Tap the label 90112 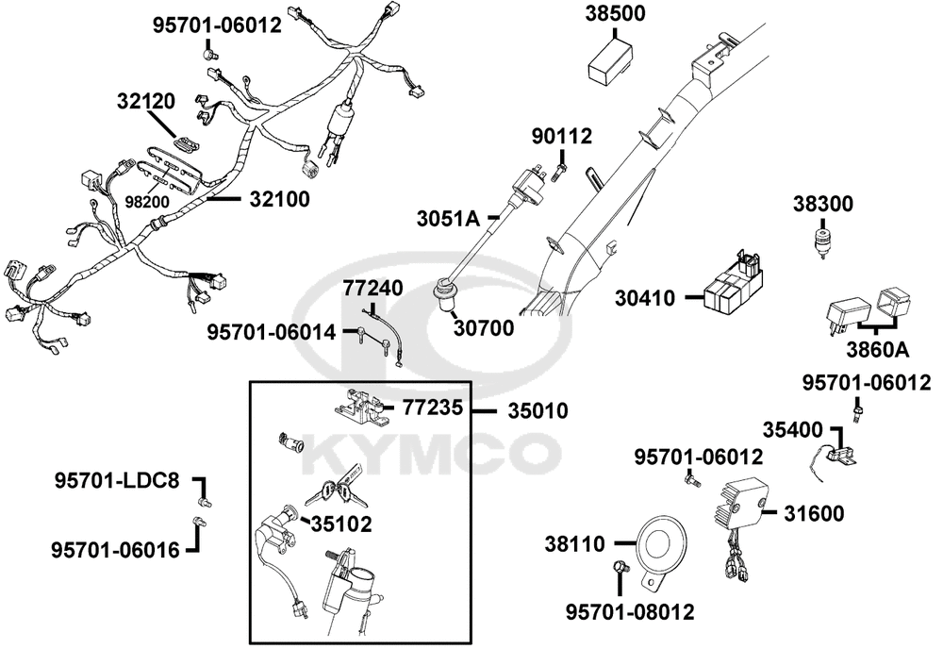(561, 137)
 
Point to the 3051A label (449, 219)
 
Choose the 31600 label (814, 513)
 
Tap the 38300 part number (822, 204)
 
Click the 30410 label (645, 298)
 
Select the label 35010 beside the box (538, 411)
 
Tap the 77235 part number (433, 408)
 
